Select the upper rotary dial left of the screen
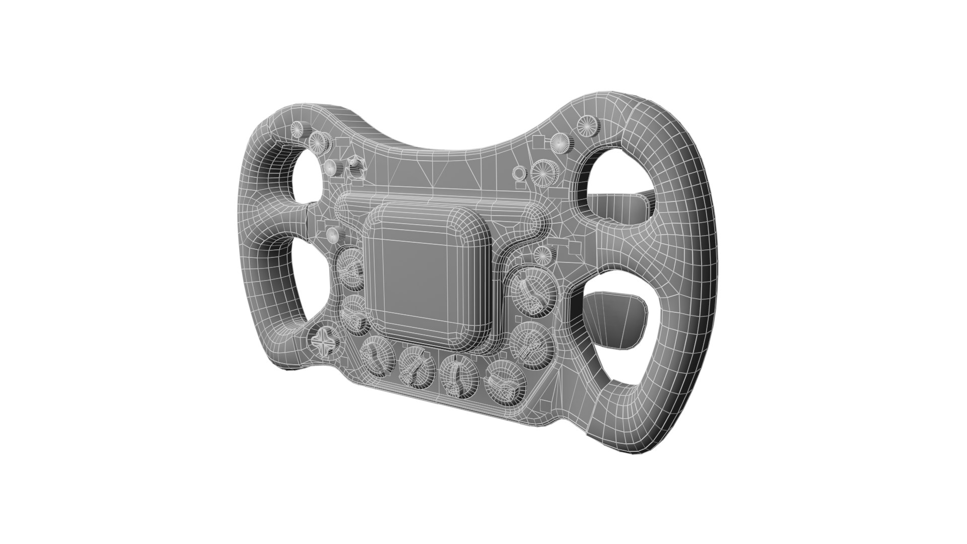tap(351, 269)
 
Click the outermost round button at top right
tap(587, 125)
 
